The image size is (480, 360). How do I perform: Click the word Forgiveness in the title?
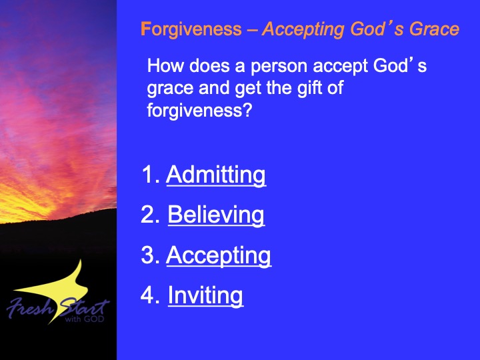(191, 30)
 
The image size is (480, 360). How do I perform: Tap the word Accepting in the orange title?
(303, 30)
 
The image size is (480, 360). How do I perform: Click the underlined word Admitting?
(216, 175)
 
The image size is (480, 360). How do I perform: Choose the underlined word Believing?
(216, 215)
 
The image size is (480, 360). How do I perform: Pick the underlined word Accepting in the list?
(219, 255)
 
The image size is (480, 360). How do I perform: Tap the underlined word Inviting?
(205, 296)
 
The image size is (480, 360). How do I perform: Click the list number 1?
(151, 175)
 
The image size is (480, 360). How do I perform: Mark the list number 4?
(150, 295)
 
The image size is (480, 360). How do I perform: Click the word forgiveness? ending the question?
(199, 111)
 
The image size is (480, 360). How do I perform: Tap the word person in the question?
(279, 67)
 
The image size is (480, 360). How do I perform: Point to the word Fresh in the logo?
(31, 307)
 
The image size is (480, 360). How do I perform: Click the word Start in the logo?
(84, 307)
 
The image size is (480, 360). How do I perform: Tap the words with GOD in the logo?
(85, 319)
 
